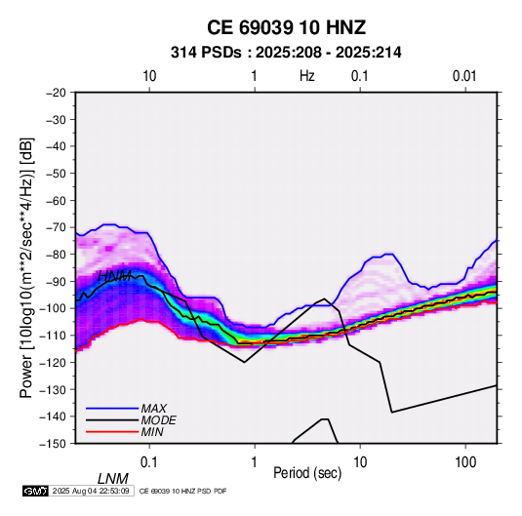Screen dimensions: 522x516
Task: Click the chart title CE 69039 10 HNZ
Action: pyautogui.click(x=286, y=27)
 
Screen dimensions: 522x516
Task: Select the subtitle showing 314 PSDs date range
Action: pyautogui.click(x=286, y=53)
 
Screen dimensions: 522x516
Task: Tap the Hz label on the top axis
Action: pyautogui.click(x=307, y=76)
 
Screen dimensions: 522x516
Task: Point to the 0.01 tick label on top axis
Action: pyautogui.click(x=464, y=76)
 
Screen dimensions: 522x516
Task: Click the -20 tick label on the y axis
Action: pyautogui.click(x=56, y=93)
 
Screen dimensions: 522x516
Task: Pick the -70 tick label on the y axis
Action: pyautogui.click(x=56, y=227)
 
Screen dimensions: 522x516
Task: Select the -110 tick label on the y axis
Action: pyautogui.click(x=53, y=336)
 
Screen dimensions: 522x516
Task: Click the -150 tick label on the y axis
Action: pyautogui.click(x=53, y=444)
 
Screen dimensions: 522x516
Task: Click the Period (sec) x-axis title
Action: pyautogui.click(x=307, y=473)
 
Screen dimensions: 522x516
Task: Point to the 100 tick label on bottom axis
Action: pyautogui.click(x=465, y=462)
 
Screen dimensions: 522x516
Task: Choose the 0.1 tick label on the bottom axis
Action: pyautogui.click(x=149, y=462)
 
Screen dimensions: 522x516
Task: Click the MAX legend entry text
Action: pyautogui.click(x=154, y=409)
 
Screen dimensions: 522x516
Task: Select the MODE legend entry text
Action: pyautogui.click(x=158, y=420)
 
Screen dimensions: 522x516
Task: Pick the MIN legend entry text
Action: pyautogui.click(x=152, y=432)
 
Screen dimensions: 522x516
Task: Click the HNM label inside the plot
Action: pyautogui.click(x=114, y=276)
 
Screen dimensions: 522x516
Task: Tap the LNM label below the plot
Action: pyautogui.click(x=113, y=479)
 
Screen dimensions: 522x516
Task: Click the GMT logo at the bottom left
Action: pyautogui.click(x=36, y=491)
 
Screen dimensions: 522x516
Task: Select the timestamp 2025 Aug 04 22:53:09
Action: pyautogui.click(x=91, y=491)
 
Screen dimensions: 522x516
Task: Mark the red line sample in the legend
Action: pyautogui.click(x=112, y=432)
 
